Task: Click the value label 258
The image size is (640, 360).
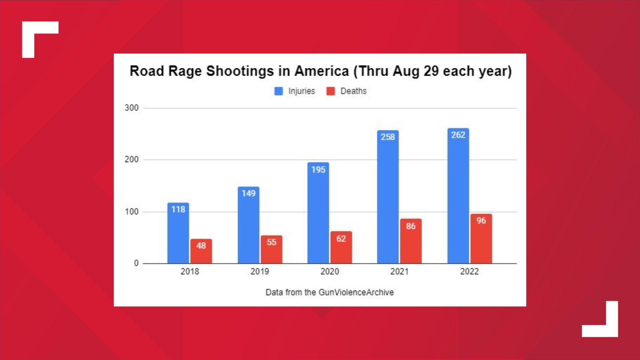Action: pos(388,137)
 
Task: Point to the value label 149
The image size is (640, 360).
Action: pos(248,193)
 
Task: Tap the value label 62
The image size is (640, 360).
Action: pos(341,239)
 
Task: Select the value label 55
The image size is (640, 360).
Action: pos(271,242)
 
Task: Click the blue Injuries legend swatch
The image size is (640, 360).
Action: pos(278,91)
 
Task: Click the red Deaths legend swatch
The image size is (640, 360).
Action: pos(330,91)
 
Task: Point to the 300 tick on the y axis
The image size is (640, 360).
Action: pos(131,108)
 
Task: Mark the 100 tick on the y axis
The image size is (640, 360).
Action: pos(131,212)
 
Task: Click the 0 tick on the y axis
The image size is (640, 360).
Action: pos(136,263)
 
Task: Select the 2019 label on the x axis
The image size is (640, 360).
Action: pos(260,272)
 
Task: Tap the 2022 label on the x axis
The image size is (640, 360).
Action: pos(469,272)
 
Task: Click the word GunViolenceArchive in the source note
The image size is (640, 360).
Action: pos(356,292)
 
